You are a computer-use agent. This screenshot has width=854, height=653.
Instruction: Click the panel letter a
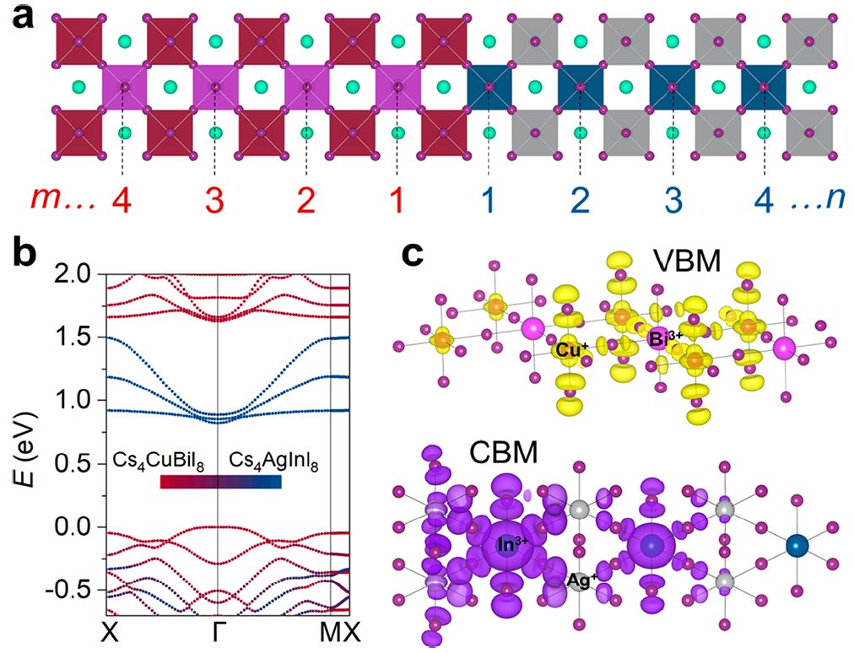click(22, 18)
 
